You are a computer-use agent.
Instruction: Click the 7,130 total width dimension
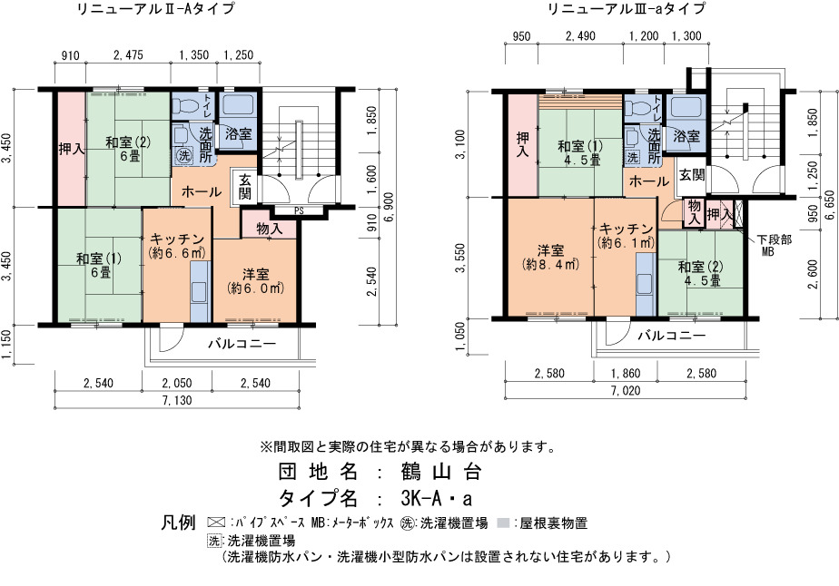tap(176, 400)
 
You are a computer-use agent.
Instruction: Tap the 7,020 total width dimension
tap(626, 391)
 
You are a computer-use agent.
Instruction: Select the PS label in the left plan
tap(299, 211)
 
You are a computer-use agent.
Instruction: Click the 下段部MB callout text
tap(774, 245)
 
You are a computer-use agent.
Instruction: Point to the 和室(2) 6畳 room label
tap(128, 149)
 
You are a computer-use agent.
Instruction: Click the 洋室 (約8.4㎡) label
tap(550, 258)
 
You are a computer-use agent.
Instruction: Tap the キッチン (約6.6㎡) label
tap(177, 246)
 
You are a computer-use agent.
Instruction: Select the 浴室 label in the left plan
tap(239, 133)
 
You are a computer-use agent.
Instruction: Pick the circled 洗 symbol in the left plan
tap(184, 156)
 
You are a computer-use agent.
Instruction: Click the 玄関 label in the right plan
tap(691, 175)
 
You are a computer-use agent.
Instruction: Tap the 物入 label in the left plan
tap(269, 229)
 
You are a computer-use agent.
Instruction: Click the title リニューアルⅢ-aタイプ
tap(626, 8)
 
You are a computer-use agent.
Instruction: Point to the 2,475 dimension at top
tap(128, 55)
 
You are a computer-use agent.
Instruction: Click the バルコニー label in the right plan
tap(672, 336)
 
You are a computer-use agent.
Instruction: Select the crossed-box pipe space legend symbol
tap(215, 523)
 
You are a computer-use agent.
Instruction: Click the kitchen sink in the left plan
tap(199, 291)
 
